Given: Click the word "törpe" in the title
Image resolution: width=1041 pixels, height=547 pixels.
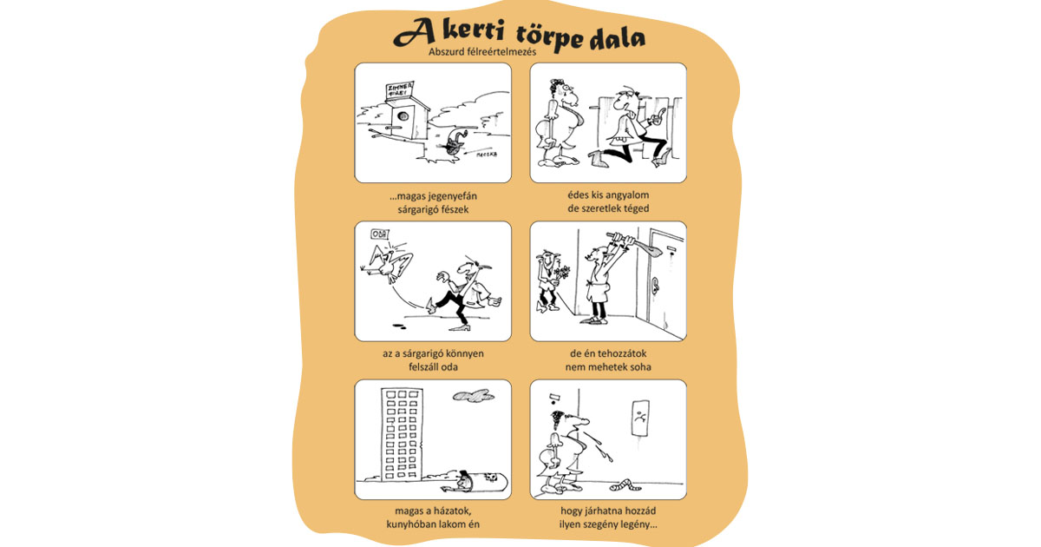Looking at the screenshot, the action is click(550, 37).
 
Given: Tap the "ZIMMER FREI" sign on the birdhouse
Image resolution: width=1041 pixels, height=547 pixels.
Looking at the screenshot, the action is click(400, 90).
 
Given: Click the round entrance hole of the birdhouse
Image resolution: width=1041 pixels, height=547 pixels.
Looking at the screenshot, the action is click(403, 115).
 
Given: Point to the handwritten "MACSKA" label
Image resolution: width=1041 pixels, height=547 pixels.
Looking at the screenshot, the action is click(487, 154).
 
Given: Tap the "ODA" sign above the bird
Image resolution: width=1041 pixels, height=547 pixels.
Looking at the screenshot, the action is click(380, 234).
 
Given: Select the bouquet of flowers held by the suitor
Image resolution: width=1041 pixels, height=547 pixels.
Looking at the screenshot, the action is click(561, 274).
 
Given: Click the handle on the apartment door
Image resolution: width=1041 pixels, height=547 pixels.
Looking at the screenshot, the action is click(655, 285).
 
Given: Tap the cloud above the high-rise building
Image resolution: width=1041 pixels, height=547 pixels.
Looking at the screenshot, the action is click(473, 396).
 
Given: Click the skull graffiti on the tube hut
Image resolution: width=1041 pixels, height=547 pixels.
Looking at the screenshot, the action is click(490, 478).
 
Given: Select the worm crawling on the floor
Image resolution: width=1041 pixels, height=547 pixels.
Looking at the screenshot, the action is click(625, 484).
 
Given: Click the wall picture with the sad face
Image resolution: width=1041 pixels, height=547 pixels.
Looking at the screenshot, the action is click(640, 418).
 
